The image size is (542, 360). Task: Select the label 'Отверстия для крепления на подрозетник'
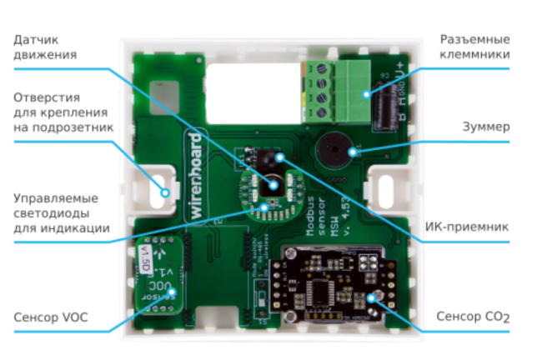pos(63,108)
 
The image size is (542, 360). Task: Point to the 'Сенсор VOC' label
pos(50,317)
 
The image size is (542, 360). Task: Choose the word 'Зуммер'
pos(486,127)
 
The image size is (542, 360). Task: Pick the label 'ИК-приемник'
pos(478,227)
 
